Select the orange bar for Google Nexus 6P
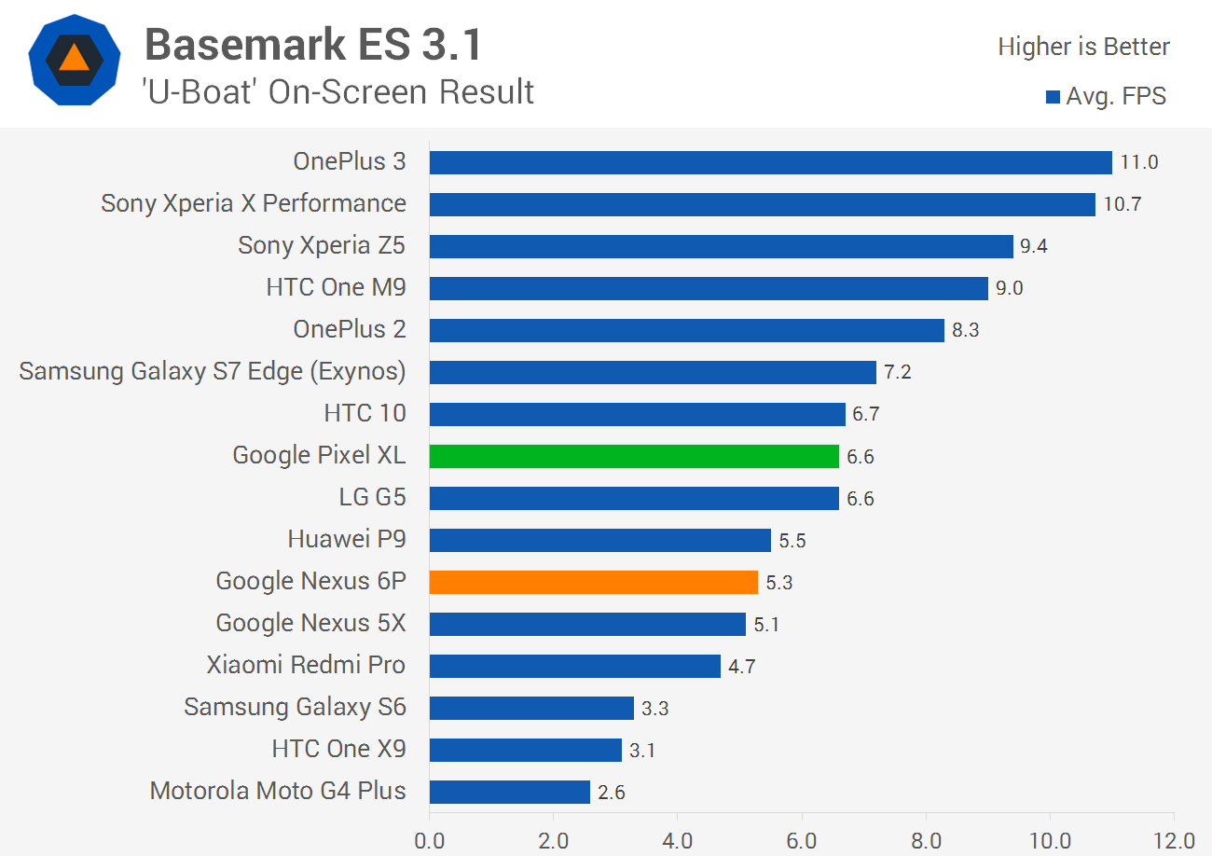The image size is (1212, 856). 594,582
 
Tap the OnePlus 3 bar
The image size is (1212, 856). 770,162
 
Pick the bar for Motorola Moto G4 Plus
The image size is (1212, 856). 510,792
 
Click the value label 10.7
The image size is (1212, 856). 1122,204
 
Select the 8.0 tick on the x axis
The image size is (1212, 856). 926,840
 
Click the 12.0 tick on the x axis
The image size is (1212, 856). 1173,840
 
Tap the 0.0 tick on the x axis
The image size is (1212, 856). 430,840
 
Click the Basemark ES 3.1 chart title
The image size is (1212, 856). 313,44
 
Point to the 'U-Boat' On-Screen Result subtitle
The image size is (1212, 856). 338,91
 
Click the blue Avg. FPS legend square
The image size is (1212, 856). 1053,96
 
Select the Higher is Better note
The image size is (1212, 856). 1083,47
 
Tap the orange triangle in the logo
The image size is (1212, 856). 74,58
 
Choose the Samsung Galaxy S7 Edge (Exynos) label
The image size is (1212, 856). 213,371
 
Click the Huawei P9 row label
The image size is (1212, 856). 347,539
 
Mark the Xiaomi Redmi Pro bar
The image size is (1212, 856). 575,666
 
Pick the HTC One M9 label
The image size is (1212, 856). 336,287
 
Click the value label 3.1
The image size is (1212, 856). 642,750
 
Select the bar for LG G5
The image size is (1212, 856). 634,498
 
